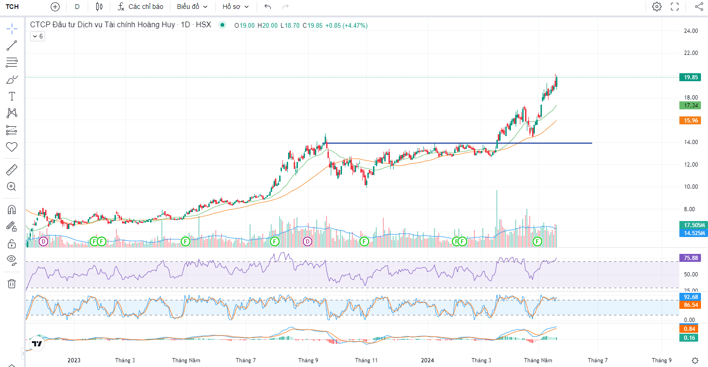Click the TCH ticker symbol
[13, 7]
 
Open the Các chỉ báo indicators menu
[140, 7]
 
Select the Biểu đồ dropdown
[192, 7]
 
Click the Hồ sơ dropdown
[236, 7]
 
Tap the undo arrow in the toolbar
[267, 7]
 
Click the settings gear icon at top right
[657, 7]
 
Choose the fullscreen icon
[675, 7]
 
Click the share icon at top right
[698, 7]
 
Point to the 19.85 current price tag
[689, 77]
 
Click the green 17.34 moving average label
[689, 106]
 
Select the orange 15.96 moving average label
[689, 121]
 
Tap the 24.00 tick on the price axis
[691, 31]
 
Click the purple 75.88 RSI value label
[689, 258]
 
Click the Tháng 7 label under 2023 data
[246, 360]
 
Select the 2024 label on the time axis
[427, 360]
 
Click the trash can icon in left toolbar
[12, 283]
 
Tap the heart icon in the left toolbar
[12, 147]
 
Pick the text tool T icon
[12, 96]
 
